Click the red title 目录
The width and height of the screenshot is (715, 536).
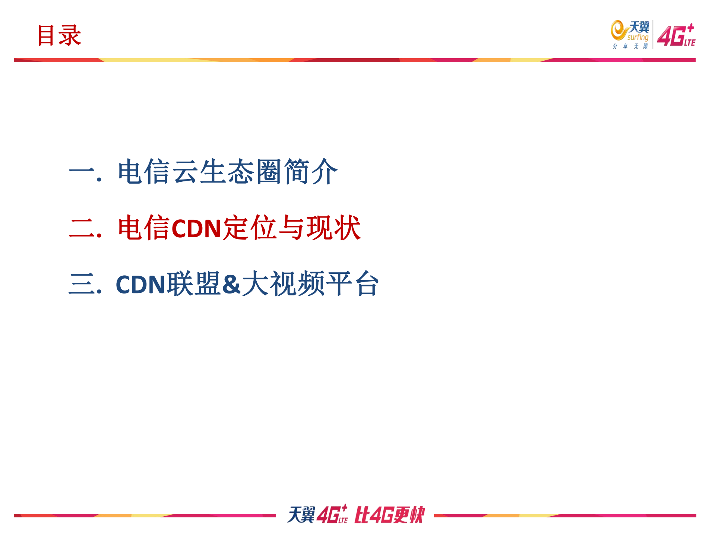[59, 36]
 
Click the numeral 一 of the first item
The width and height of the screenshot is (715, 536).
[82, 172]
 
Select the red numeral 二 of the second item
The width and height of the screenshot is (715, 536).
[82, 228]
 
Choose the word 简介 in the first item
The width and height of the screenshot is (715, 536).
[310, 172]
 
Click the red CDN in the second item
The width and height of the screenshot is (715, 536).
[196, 228]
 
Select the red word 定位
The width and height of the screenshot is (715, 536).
[250, 228]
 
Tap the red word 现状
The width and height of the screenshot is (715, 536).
[333, 228]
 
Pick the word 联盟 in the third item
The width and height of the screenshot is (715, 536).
[194, 284]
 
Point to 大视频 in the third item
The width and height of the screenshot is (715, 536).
[283, 284]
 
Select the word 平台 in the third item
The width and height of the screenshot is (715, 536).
[352, 284]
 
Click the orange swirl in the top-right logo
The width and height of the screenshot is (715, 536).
[618, 31]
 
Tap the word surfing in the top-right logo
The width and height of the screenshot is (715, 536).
[638, 37]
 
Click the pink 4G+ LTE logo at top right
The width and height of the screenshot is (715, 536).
[676, 36]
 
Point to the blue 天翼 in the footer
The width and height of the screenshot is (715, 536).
[301, 515]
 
